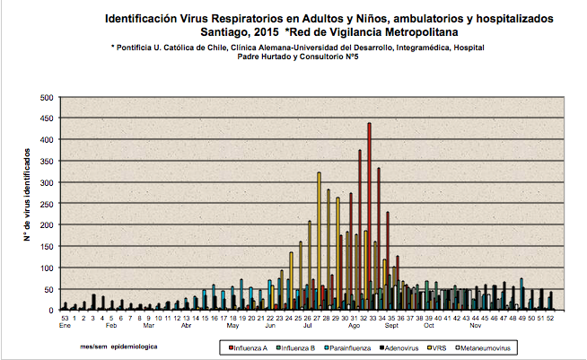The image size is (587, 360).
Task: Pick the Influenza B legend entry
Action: pos(306,346)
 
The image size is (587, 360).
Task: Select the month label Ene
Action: pos(66,325)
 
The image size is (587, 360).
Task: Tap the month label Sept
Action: pos(391,325)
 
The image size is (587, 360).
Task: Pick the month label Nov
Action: pos(476,325)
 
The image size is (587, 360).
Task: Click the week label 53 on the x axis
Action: pos(65,317)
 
